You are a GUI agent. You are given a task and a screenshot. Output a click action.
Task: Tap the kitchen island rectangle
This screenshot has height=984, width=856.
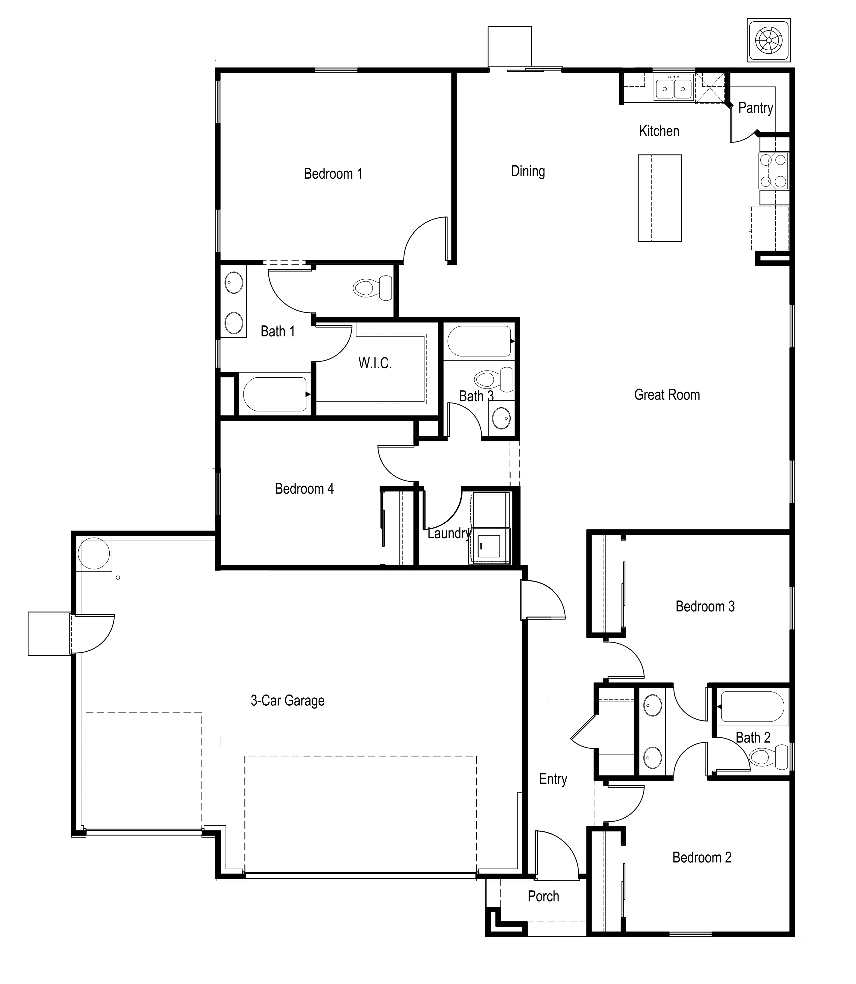(x=660, y=198)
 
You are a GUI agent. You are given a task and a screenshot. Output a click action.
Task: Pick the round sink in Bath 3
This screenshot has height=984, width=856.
(x=501, y=419)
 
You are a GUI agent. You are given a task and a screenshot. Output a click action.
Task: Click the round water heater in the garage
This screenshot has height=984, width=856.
(x=94, y=553)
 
